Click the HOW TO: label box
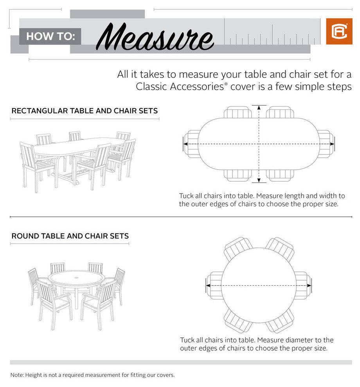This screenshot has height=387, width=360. (50, 37)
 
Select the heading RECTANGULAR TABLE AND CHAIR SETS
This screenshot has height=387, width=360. (85, 111)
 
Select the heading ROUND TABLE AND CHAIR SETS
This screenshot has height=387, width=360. (70, 236)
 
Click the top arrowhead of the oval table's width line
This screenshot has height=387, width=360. (258, 107)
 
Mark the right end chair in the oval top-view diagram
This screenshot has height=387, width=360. (326, 144)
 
